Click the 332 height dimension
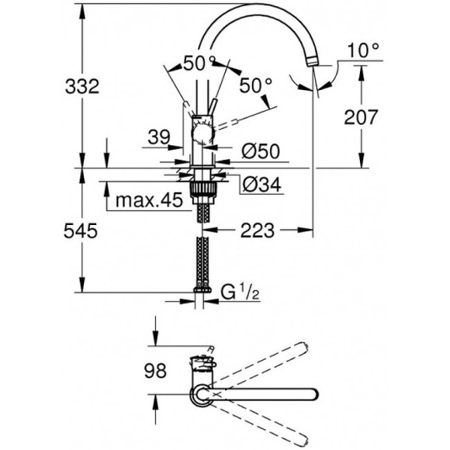coord(83,88)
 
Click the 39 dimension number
coord(159,137)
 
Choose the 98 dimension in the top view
coord(156,372)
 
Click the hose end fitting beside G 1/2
coord(204,294)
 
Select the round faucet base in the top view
coord(201,396)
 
